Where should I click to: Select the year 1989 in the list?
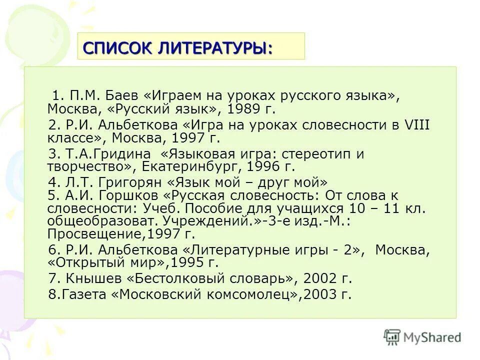(x=242, y=109)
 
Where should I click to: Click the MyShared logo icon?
(x=392, y=337)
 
